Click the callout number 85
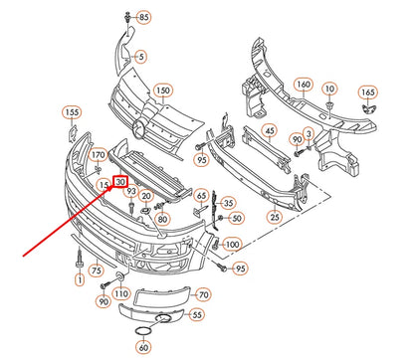click(144, 18)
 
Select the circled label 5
click(140, 57)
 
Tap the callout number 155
click(73, 112)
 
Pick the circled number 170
click(98, 156)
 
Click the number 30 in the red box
click(120, 182)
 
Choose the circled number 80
click(163, 218)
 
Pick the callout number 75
click(96, 270)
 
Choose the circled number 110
click(121, 295)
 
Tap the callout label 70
click(202, 295)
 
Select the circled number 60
click(143, 348)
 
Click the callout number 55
click(197, 314)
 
